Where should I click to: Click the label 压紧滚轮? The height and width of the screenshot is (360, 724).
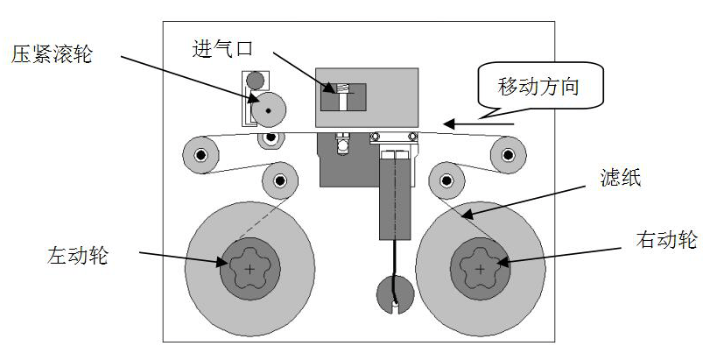(x=53, y=55)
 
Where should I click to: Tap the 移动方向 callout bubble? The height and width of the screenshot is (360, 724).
(x=538, y=88)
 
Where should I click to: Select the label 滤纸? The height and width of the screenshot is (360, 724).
(x=622, y=180)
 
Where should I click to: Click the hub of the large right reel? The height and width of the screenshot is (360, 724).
(x=480, y=269)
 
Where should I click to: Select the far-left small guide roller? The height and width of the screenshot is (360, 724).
(x=200, y=156)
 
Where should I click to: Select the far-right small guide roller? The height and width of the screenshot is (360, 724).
(x=506, y=155)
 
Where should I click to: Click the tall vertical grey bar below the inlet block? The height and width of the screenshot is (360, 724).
(x=396, y=197)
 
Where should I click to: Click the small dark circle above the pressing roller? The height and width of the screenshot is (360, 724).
(x=255, y=81)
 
